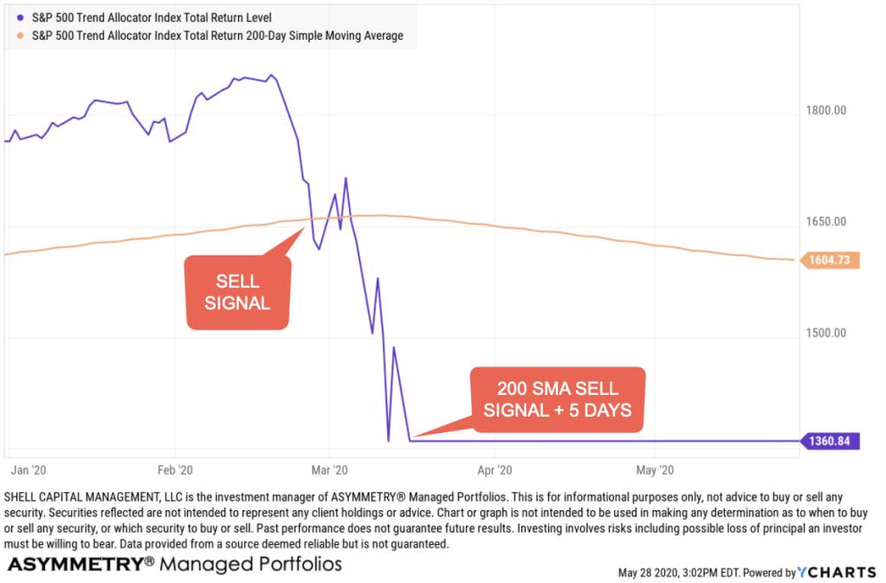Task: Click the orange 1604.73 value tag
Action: [x=829, y=260]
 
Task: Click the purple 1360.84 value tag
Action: [x=829, y=441]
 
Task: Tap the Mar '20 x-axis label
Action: [x=329, y=470]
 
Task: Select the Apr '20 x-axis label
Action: [x=494, y=470]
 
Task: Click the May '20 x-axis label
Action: [x=655, y=470]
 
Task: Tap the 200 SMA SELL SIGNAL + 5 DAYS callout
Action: [x=558, y=399]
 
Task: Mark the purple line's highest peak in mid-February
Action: [x=272, y=74]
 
